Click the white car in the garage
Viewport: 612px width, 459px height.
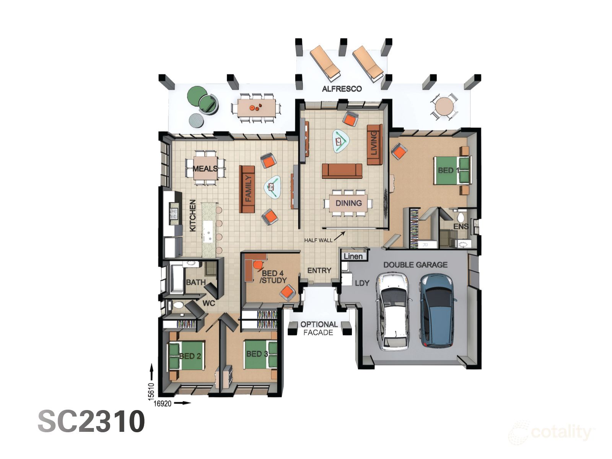(x=394, y=312)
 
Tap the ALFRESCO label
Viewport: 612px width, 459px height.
(x=342, y=89)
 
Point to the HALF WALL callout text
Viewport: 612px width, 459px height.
(x=318, y=240)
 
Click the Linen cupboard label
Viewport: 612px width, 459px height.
(x=353, y=256)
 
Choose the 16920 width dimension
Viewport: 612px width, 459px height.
(x=163, y=403)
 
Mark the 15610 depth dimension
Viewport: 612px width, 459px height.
(x=151, y=392)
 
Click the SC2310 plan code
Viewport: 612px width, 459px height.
(x=91, y=422)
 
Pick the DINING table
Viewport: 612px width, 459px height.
(x=348, y=203)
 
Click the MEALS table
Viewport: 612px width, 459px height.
(x=206, y=168)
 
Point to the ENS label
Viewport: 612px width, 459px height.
(x=461, y=226)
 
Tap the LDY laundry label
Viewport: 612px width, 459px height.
(x=362, y=283)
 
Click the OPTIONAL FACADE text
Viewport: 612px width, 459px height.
(x=319, y=328)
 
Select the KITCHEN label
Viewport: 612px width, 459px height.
(x=193, y=215)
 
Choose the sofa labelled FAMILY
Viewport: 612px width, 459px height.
(x=247, y=189)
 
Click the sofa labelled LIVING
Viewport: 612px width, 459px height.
(x=374, y=145)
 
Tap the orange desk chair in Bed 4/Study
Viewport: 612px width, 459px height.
(x=258, y=264)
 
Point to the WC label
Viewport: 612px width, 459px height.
(x=208, y=303)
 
